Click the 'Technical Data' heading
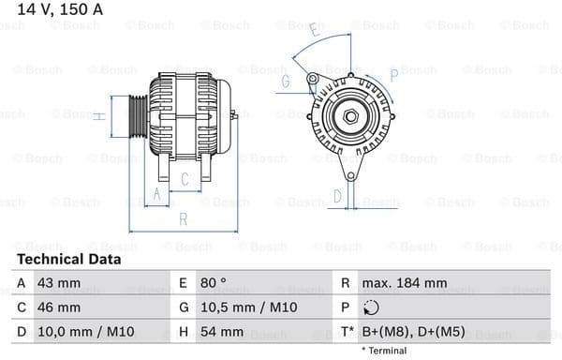point(69,259)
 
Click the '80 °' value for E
point(214,282)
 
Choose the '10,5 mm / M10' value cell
point(245,307)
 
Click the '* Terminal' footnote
point(382,350)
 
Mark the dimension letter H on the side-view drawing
point(98,115)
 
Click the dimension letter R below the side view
point(184,219)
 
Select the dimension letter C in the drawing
point(185,177)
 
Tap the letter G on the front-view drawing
point(285,82)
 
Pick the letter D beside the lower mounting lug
point(338,196)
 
